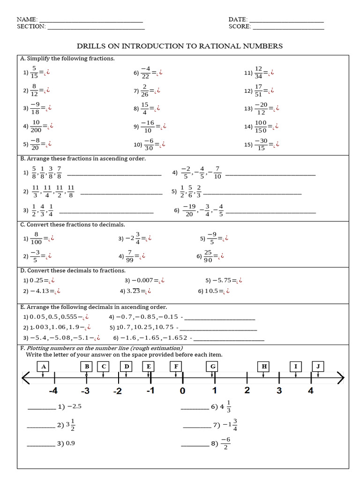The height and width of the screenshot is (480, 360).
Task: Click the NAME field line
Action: tap(90, 22)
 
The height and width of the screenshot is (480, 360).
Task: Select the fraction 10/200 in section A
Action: tap(35, 126)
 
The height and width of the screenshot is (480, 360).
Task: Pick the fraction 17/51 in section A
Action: tap(259, 90)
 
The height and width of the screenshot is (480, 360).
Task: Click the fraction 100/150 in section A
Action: tap(261, 126)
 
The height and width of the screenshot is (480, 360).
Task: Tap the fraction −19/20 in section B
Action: tap(189, 210)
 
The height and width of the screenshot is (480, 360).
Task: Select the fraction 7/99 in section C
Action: tap(132, 256)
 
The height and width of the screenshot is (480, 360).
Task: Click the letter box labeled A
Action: tap(43, 367)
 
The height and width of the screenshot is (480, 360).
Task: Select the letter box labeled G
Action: tap(213, 367)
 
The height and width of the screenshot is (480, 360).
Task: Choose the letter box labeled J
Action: tap(318, 367)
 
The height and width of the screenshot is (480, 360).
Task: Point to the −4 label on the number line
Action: tap(53, 390)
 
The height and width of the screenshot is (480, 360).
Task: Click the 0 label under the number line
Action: tap(182, 390)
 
